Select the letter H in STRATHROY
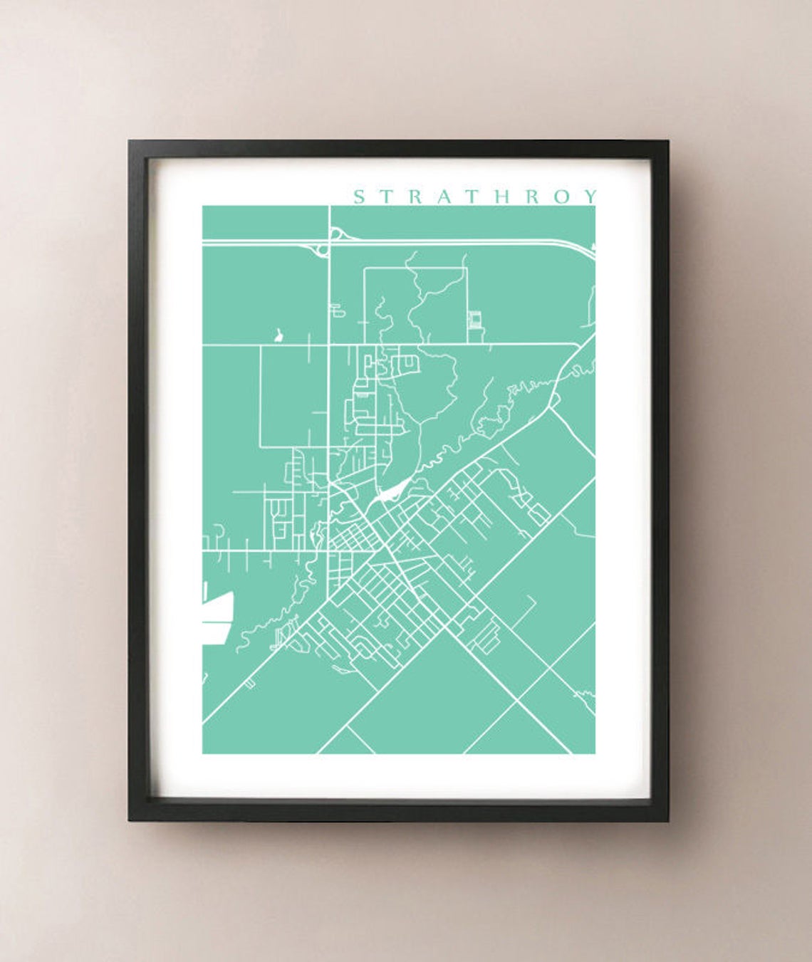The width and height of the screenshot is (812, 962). [x=503, y=197]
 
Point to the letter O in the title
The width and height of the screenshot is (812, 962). [x=562, y=197]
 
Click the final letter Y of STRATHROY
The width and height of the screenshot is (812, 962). [x=589, y=197]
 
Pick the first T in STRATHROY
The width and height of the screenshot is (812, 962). [x=387, y=197]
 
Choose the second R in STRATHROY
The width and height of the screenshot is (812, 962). [x=533, y=197]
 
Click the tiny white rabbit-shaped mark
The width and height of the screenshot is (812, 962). [x=278, y=335]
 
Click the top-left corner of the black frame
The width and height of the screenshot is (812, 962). [x=130, y=142]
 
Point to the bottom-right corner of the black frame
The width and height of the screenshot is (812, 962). [x=667, y=820]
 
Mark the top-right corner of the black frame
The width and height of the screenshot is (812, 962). [x=667, y=142]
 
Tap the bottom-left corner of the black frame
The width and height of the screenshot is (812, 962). [x=130, y=820]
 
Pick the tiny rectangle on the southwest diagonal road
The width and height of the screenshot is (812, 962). [x=249, y=684]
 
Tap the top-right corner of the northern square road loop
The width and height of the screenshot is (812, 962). [x=466, y=268]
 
